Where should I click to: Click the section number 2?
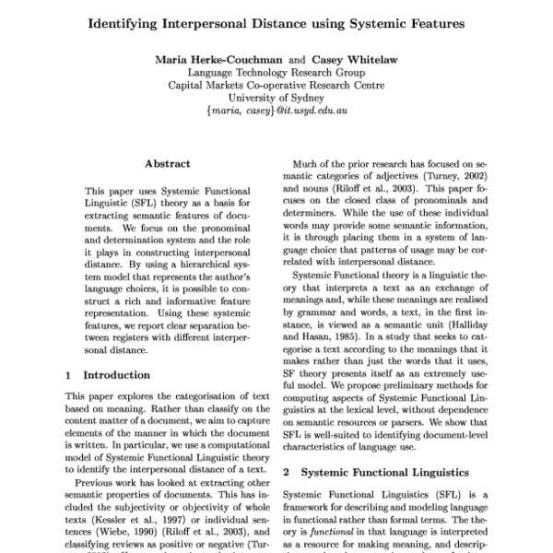click(x=286, y=471)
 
